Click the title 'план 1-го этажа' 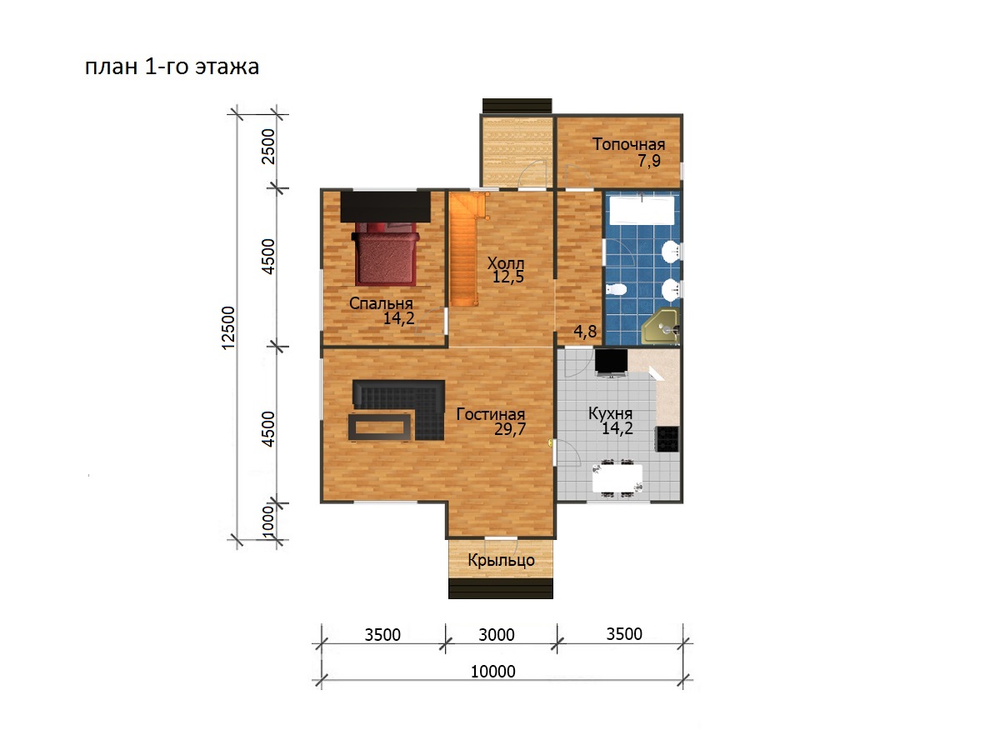(x=172, y=67)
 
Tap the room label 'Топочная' (x=628, y=144)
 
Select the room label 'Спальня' (x=381, y=303)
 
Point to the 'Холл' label (x=506, y=263)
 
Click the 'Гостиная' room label (x=491, y=414)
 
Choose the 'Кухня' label (x=611, y=413)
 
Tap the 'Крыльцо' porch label (x=501, y=560)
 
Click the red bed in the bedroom (x=386, y=253)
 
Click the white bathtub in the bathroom (x=642, y=210)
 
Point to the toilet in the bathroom (x=617, y=290)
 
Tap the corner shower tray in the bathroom (x=661, y=327)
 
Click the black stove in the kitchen (x=667, y=439)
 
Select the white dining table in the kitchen (x=617, y=478)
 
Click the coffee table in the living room (x=379, y=427)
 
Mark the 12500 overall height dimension (x=227, y=327)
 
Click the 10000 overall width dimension (x=493, y=672)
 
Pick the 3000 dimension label (x=497, y=635)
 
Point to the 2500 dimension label (x=269, y=147)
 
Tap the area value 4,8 (x=585, y=332)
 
